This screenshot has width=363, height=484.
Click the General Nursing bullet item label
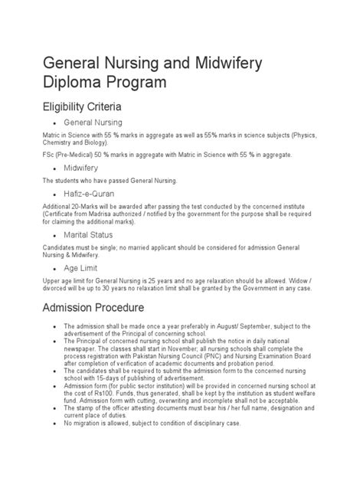coord(93,122)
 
